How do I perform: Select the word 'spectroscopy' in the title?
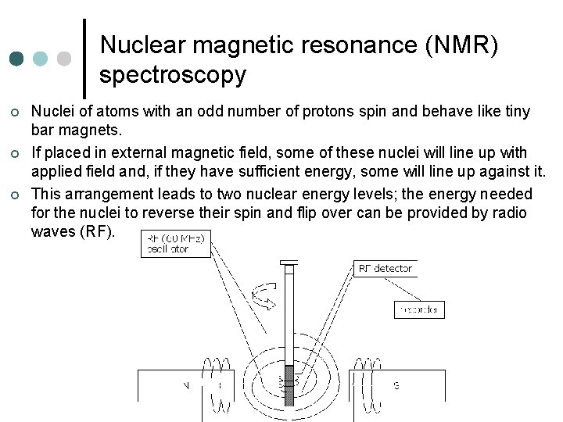point(173,75)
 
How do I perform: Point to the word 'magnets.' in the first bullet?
point(84,130)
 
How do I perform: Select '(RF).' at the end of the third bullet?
point(97,232)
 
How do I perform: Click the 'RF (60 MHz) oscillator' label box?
point(175,245)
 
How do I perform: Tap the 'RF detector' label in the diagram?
point(385,269)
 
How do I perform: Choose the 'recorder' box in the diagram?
point(418,309)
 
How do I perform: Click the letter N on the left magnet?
point(186,385)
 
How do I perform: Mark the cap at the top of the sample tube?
point(289,263)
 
